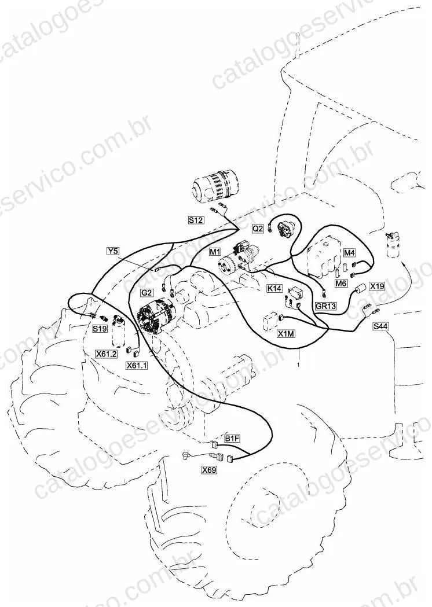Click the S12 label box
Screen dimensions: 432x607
pyautogui.click(x=196, y=220)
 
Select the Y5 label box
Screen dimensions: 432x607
pyautogui.click(x=113, y=251)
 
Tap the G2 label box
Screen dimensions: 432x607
pyautogui.click(x=147, y=293)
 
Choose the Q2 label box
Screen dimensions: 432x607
pyautogui.click(x=258, y=229)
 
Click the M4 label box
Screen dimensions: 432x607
pyautogui.click(x=349, y=253)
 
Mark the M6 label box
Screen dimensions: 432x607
pyautogui.click(x=341, y=284)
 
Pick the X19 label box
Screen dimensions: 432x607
pyautogui.click(x=377, y=286)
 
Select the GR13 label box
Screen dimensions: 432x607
pyautogui.click(x=325, y=306)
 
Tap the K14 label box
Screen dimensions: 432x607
pyautogui.click(x=274, y=288)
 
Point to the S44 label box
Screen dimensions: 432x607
pyautogui.click(x=380, y=326)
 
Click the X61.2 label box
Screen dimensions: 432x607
pyautogui.click(x=107, y=354)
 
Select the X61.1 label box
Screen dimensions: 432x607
pyautogui.click(x=137, y=365)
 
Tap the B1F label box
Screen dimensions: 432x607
pyautogui.click(x=232, y=439)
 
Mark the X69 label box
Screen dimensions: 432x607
pyautogui.click(x=209, y=470)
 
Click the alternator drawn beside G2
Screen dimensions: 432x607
pyautogui.click(x=154, y=318)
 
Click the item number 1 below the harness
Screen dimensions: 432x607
pyautogui.click(x=298, y=365)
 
